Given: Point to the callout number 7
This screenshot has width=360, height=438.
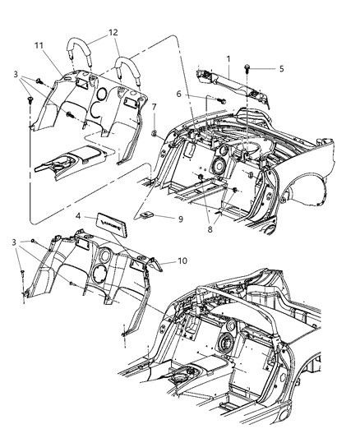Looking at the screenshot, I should [x=155, y=108].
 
